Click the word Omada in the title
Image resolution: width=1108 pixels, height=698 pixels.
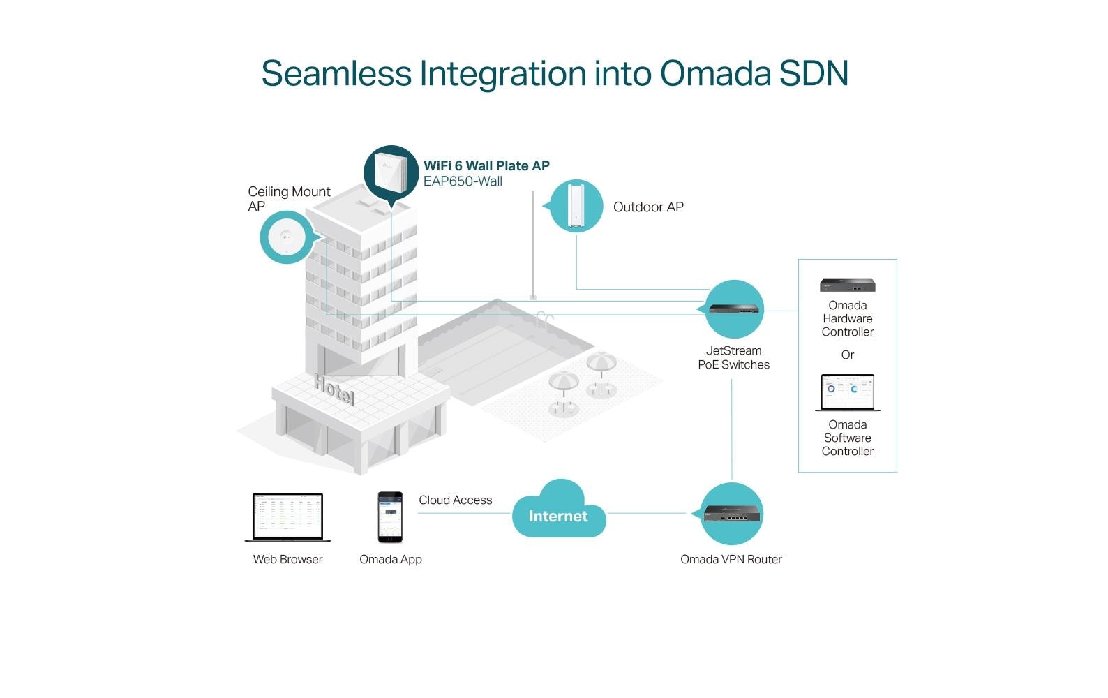pyautogui.click(x=714, y=73)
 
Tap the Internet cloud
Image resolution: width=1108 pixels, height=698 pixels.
pyautogui.click(x=558, y=514)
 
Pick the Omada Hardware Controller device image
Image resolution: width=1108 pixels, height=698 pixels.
pyautogui.click(x=847, y=285)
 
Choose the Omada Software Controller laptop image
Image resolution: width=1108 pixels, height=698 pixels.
pyautogui.click(x=848, y=393)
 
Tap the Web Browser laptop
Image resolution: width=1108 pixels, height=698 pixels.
pyautogui.click(x=288, y=517)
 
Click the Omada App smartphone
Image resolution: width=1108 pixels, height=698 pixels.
pyautogui.click(x=390, y=517)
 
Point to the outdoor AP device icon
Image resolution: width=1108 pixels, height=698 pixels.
pyautogui.click(x=576, y=205)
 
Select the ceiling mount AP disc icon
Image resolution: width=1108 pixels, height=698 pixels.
pyautogui.click(x=286, y=237)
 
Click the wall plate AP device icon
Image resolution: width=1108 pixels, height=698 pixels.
pyautogui.click(x=390, y=172)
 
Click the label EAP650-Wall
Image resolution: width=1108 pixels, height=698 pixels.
pyautogui.click(x=463, y=181)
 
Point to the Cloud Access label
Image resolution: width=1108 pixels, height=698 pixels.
pyautogui.click(x=455, y=500)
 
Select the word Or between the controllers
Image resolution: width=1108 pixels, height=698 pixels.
pyautogui.click(x=847, y=355)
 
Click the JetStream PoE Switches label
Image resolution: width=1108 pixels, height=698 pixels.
pyautogui.click(x=733, y=357)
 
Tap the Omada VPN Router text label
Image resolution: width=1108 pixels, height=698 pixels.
pyautogui.click(x=731, y=559)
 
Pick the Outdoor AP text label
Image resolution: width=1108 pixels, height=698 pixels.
pyautogui.click(x=648, y=207)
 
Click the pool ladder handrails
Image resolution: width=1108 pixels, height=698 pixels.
pyautogui.click(x=544, y=318)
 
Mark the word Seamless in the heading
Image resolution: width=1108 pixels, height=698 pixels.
pyautogui.click(x=336, y=73)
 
